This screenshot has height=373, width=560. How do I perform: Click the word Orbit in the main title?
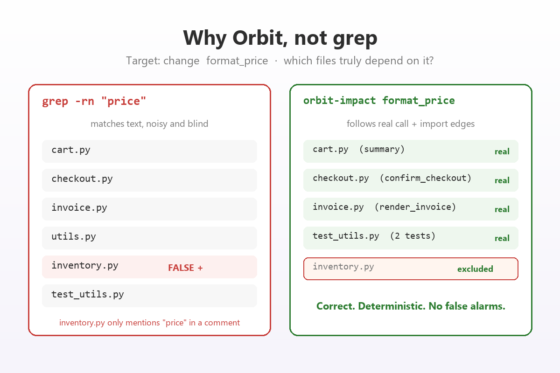tap(260, 38)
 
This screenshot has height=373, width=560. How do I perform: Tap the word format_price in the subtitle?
tap(237, 61)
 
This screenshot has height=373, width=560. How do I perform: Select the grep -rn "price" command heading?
tap(94, 102)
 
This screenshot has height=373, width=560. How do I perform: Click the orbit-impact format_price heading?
tap(379, 101)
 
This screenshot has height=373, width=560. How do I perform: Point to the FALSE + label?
tap(185, 268)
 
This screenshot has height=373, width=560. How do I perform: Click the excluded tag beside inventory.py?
tap(475, 269)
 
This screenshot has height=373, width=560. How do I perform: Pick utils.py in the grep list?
tap(74, 236)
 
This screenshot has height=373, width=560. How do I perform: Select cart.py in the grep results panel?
tap(71, 150)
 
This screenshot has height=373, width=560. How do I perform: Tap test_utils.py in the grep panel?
tap(88, 295)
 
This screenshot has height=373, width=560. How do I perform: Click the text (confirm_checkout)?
tap(426, 178)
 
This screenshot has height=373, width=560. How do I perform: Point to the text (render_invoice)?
tap(415, 207)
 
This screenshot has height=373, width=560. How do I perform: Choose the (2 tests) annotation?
tap(413, 236)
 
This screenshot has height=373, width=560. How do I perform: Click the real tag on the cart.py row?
tap(502, 152)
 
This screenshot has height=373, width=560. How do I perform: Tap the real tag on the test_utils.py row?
tap(502, 238)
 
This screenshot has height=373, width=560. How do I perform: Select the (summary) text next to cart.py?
tap(382, 149)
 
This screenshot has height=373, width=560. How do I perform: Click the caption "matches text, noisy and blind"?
tap(149, 124)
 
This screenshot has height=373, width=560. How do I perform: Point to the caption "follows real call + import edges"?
tap(411, 124)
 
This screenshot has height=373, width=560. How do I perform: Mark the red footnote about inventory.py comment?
tap(149, 323)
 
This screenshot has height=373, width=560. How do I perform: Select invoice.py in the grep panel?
tap(79, 207)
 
